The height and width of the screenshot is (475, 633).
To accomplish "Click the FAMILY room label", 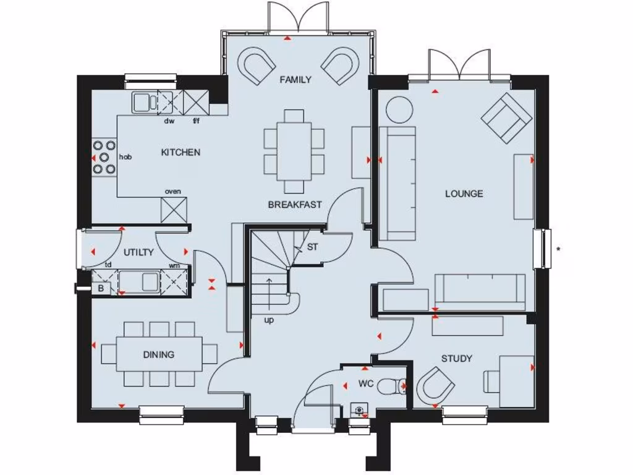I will pos(295,80).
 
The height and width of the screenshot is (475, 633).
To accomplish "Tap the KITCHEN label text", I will pos(181,152).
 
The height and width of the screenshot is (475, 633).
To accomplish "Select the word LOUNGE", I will pos(464,194).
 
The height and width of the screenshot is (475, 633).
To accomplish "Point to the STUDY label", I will pos(457,359).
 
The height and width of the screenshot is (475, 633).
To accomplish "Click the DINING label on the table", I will pos(159,354).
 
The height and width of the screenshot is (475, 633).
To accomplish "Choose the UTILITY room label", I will pos(138,252).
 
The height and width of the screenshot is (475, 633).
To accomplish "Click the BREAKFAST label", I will pos(295,205).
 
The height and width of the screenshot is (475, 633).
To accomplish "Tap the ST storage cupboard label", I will pos(312,247).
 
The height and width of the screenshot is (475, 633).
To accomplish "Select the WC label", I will pos(366,383).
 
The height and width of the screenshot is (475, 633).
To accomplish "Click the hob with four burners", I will pos(104,156).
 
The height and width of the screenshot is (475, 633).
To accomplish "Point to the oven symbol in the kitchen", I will pos(174,209).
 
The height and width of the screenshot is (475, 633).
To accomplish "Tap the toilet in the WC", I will pos(392,386).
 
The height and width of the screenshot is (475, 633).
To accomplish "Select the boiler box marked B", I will pos(101,288).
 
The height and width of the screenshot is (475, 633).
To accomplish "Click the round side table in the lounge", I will pos(399,109).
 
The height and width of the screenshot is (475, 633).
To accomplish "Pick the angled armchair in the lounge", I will pos(507,118).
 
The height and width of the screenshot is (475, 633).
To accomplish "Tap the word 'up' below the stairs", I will pos(270,320).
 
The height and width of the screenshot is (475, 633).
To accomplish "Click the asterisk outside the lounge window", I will pos(558,250).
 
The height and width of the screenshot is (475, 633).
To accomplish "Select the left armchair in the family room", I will pos(258,66).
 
